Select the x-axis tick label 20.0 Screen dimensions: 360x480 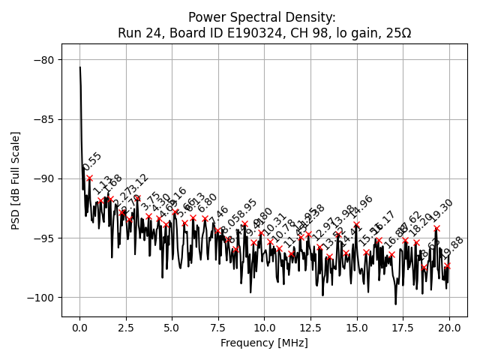[x=449, y=328]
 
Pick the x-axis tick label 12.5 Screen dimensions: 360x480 [x=310, y=328]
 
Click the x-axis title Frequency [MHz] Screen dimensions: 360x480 [x=264, y=343]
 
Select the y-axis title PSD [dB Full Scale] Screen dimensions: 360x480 [x=15, y=180]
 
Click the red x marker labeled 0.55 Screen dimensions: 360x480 [x=90, y=178]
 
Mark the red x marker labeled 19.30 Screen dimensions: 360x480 [x=436, y=228]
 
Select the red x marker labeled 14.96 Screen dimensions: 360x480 [x=356, y=224]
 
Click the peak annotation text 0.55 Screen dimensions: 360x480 [x=91, y=163]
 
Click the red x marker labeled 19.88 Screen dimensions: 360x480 [x=447, y=265]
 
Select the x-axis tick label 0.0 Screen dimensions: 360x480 [x=79, y=328]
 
